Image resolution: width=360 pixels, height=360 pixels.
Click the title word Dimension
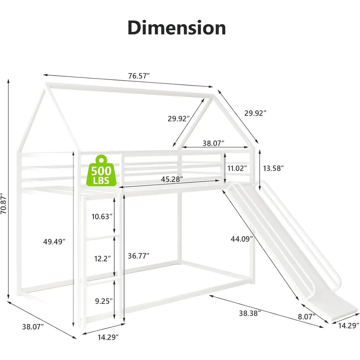tap(176, 28)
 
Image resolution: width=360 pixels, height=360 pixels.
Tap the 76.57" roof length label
tap(139, 76)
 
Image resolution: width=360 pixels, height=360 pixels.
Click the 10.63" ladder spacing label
tap(101, 216)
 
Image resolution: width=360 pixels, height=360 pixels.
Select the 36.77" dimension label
tap(139, 256)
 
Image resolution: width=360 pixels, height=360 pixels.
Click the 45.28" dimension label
tap(171, 179)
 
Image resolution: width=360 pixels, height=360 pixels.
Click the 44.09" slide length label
tap(242, 238)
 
